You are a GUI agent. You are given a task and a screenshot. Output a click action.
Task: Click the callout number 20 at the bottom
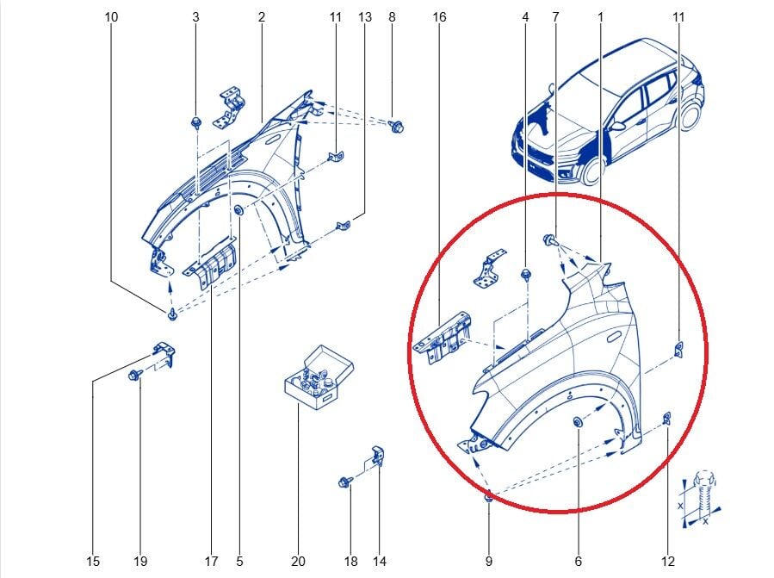[x=298, y=562]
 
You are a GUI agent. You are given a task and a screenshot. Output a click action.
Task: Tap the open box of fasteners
[x=319, y=378]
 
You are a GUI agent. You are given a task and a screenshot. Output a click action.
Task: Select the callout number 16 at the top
[x=439, y=17]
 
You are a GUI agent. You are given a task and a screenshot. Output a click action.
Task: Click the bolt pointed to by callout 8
[x=396, y=126]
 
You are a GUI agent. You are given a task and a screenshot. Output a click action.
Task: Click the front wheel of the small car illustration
[x=591, y=171]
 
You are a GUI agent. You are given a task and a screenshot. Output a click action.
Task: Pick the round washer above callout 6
[x=577, y=422]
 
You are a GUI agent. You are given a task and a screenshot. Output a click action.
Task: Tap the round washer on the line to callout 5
[x=238, y=210]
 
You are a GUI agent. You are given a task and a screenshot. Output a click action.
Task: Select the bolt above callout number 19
[x=134, y=375]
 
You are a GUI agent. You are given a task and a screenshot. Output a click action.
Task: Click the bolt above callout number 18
[x=344, y=482]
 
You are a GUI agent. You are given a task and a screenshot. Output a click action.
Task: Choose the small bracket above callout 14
[x=378, y=456]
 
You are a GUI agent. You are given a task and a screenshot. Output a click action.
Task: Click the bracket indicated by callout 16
[x=443, y=338]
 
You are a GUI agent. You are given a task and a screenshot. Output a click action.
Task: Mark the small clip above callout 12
[x=666, y=418]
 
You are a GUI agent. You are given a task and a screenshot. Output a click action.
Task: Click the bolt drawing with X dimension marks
[x=702, y=496]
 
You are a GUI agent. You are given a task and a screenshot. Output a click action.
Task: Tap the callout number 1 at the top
[x=600, y=17]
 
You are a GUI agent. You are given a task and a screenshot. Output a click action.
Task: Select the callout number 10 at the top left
[x=111, y=17]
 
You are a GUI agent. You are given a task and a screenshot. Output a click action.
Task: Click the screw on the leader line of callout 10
[x=172, y=314]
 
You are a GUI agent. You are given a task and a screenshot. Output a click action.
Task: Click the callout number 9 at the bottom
[x=489, y=562]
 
